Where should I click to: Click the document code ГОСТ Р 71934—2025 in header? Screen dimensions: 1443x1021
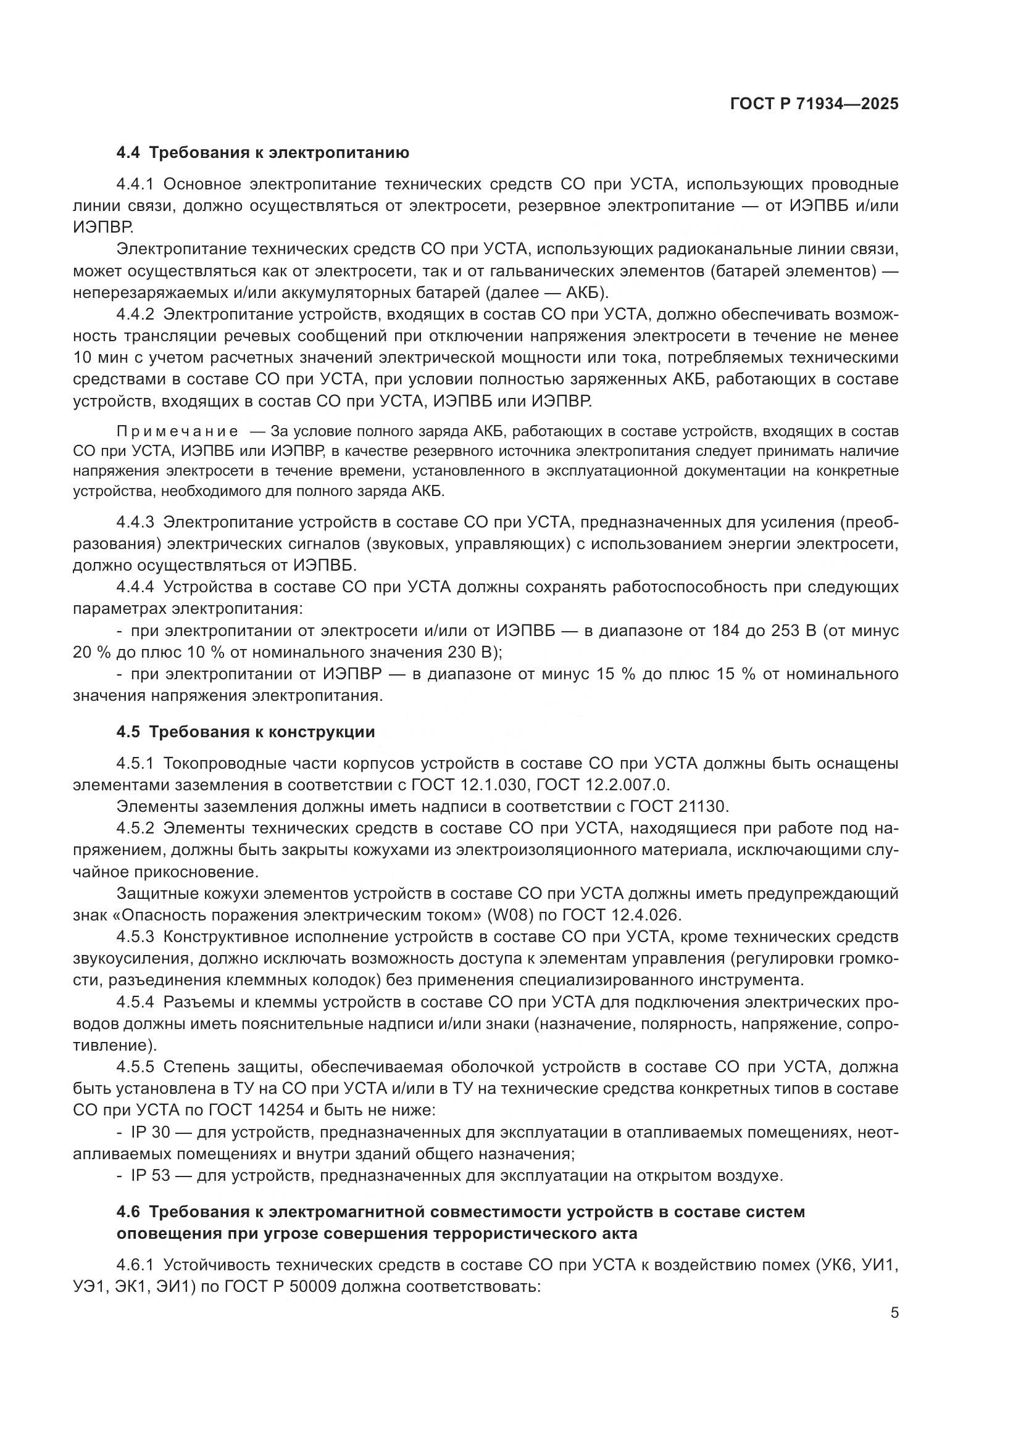pyautogui.click(x=814, y=104)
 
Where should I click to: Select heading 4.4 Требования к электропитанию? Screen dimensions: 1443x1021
pyautogui.click(x=263, y=153)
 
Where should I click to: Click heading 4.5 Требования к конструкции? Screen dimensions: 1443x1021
pyautogui.click(x=245, y=732)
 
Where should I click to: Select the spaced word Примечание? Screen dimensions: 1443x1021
pyautogui.click(x=177, y=432)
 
